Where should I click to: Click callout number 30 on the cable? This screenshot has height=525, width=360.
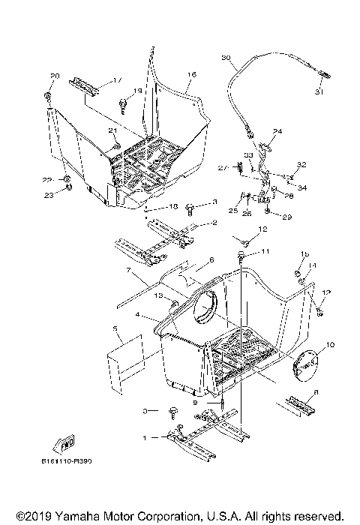(226, 58)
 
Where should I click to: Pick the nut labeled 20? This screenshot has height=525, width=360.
(48, 98)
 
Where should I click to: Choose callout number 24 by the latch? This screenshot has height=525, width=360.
(277, 131)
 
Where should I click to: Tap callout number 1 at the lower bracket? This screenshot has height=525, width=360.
(145, 436)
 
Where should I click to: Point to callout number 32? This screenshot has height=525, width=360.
(302, 164)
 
